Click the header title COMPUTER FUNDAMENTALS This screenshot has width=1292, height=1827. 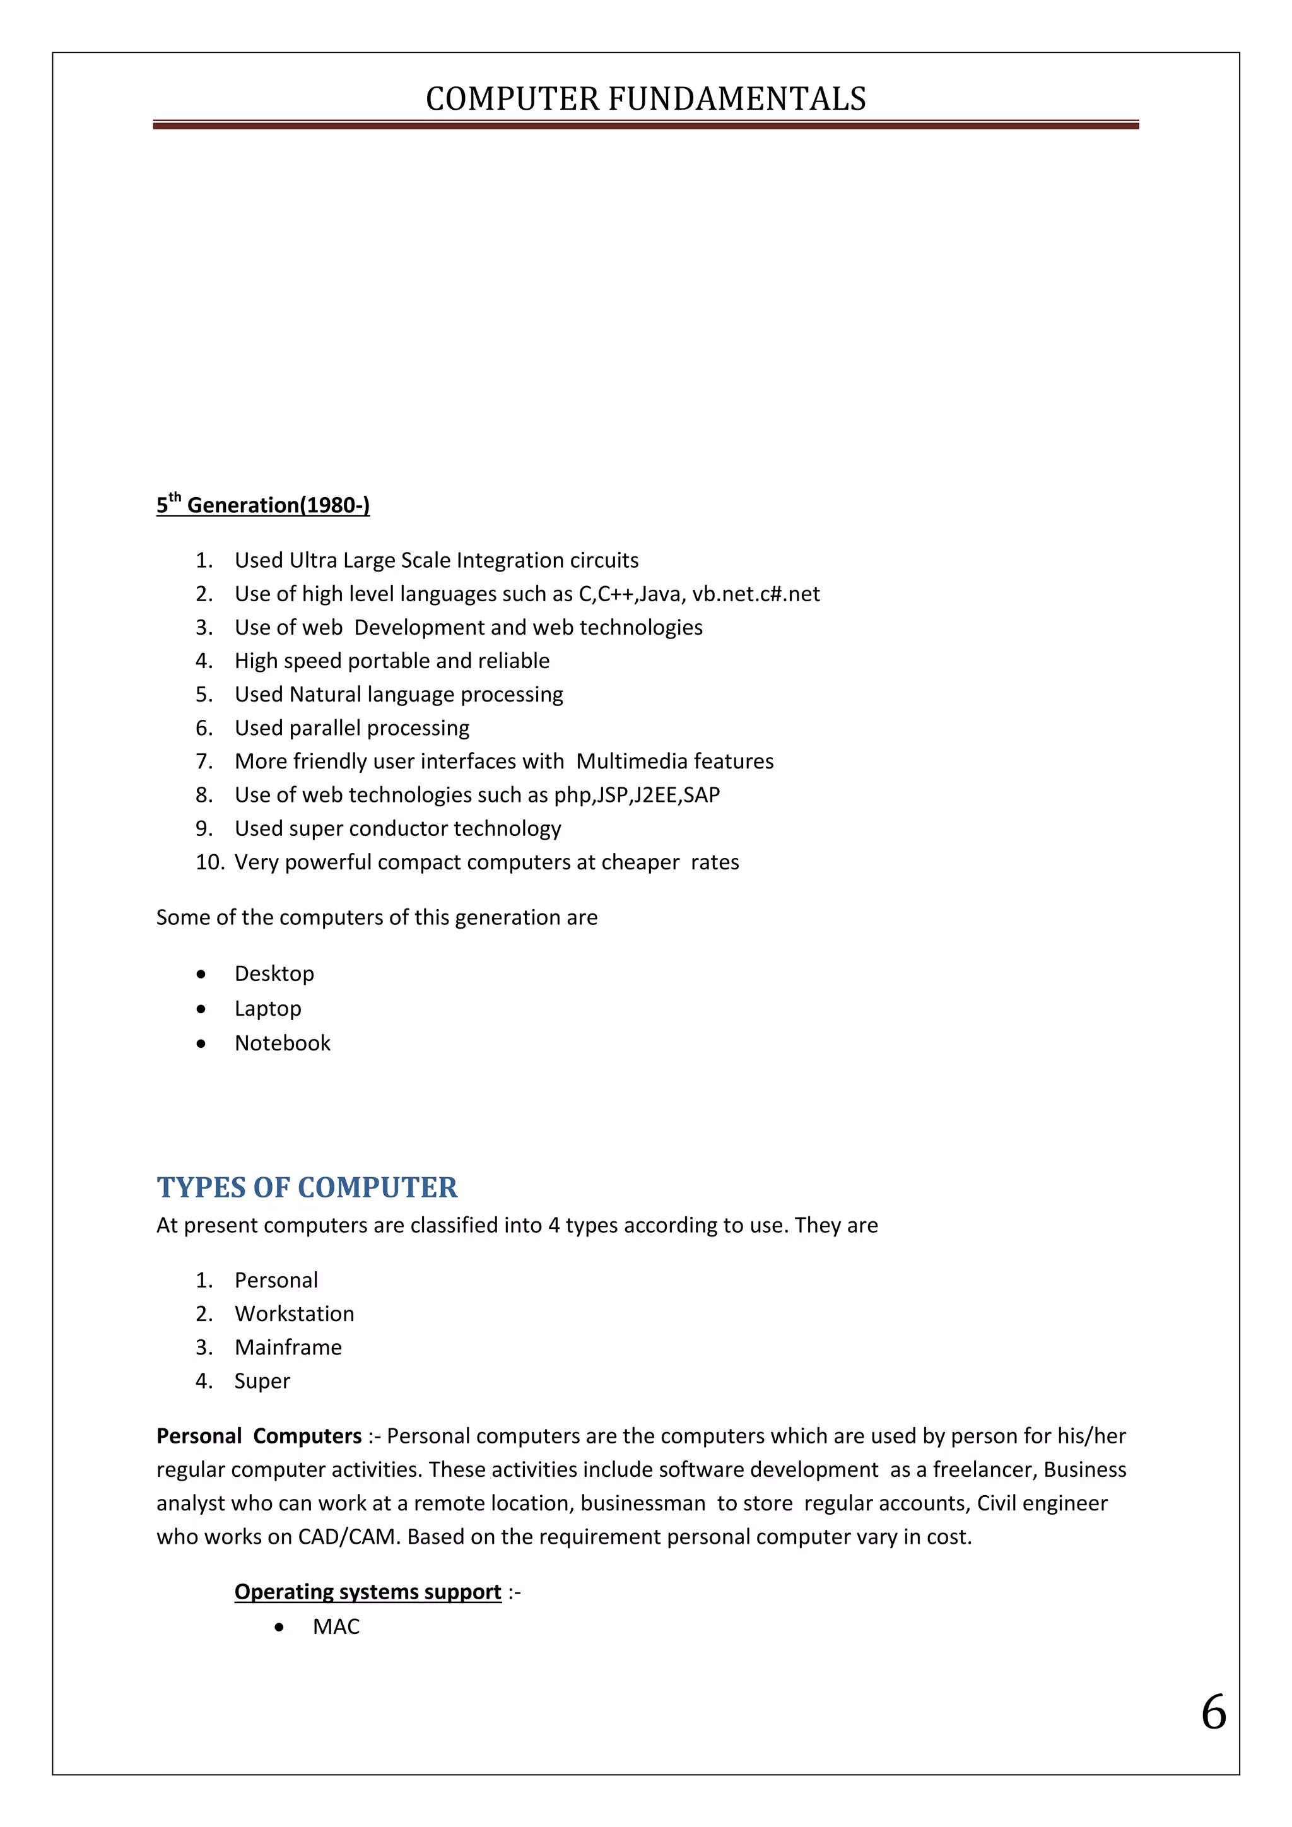click(x=645, y=98)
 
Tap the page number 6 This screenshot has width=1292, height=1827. click(x=1213, y=1712)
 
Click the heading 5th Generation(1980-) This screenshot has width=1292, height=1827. click(x=262, y=505)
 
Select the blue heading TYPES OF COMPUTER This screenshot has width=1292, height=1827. click(x=307, y=1187)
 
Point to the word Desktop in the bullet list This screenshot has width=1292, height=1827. click(x=274, y=973)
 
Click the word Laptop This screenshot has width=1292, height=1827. click(x=267, y=1008)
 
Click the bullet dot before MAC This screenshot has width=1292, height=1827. click(x=278, y=1627)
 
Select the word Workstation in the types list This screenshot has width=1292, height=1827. click(x=295, y=1313)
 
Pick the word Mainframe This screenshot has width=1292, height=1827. click(x=288, y=1347)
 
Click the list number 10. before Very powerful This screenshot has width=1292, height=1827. click(x=210, y=862)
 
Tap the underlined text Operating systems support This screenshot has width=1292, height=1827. click(x=368, y=1592)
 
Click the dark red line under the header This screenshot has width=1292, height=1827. click(x=645, y=125)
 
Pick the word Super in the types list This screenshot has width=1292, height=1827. click(x=262, y=1380)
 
